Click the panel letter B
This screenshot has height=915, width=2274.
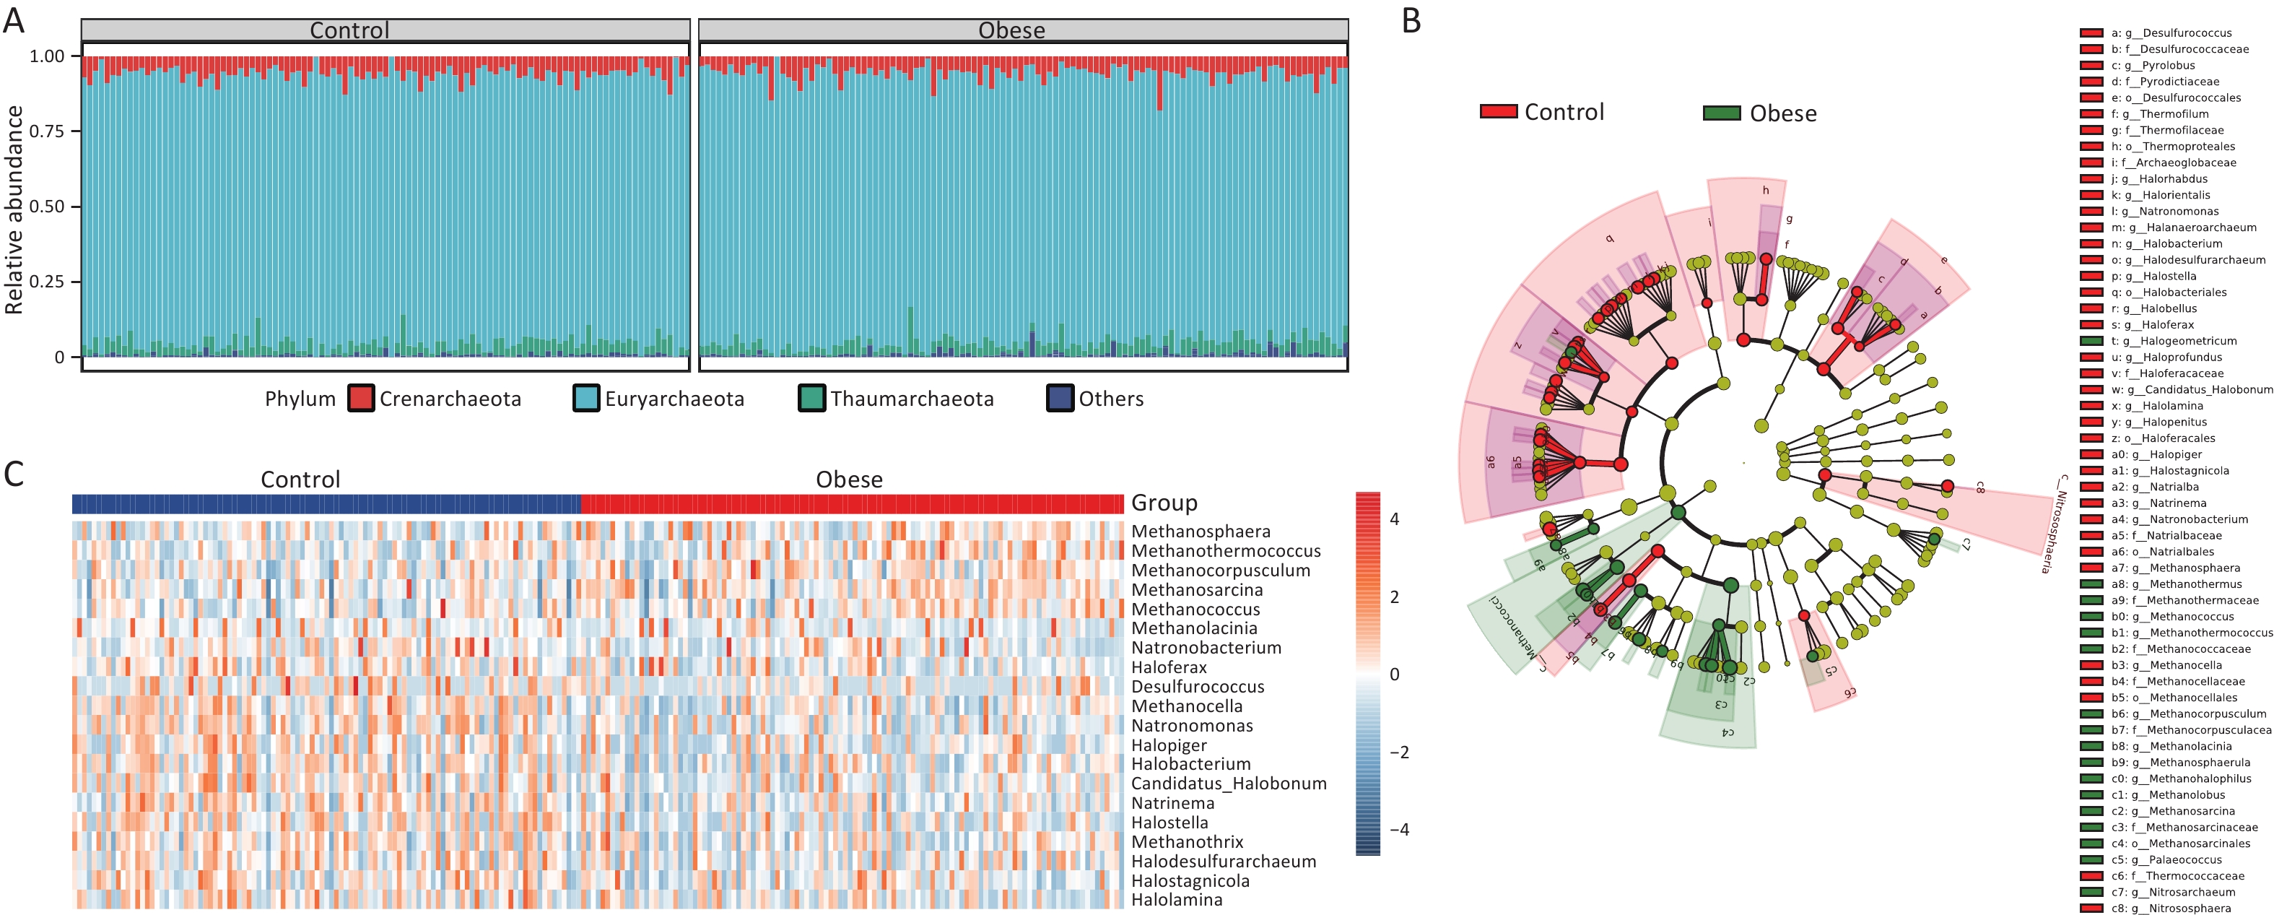point(1411,19)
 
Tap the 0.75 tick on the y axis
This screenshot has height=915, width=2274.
point(47,131)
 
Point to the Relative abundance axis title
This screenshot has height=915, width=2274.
point(14,209)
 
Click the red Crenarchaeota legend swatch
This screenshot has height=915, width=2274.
point(361,399)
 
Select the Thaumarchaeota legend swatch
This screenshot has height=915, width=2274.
point(811,399)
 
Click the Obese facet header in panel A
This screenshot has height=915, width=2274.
point(1011,30)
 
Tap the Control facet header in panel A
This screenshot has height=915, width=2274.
point(349,30)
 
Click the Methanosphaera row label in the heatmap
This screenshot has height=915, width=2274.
point(1201,532)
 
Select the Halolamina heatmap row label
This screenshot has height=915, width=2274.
point(1177,900)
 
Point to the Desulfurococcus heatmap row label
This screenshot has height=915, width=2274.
point(1197,687)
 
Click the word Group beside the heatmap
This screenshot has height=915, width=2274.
point(1164,503)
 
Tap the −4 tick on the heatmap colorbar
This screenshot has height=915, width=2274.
point(1399,829)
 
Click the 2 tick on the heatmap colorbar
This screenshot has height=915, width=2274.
point(1395,597)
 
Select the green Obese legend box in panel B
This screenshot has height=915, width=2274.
point(1722,113)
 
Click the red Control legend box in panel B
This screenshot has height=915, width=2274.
point(1498,111)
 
